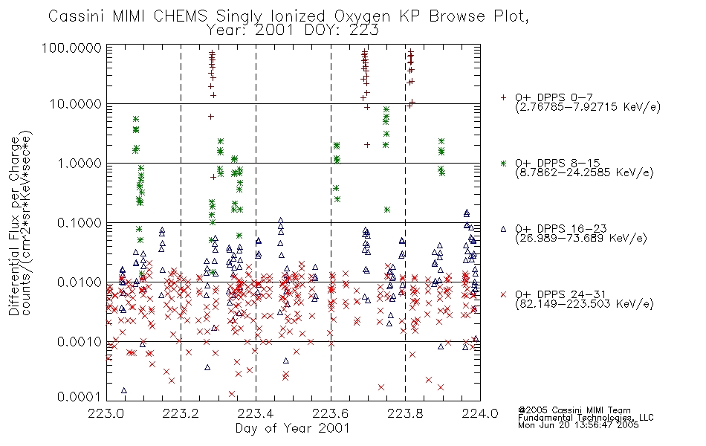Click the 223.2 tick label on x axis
[181, 413]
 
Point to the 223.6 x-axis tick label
[331, 413]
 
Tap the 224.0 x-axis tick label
[480, 413]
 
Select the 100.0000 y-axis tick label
[71, 48]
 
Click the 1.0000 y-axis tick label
[80, 163]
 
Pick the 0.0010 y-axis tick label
[80, 341]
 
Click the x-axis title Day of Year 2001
[292, 428]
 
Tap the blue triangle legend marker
[503, 229]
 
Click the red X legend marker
[503, 294]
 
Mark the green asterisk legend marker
[503, 163]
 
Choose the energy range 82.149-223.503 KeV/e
[584, 304]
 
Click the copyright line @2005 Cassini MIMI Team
[574, 410]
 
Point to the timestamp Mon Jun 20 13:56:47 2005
[578, 425]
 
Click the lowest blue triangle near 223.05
[124, 390]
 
